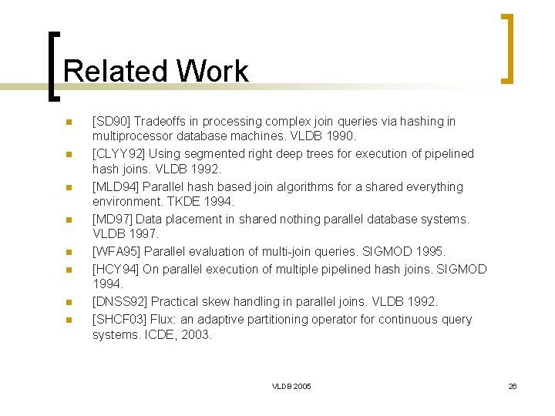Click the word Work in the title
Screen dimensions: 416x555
212,71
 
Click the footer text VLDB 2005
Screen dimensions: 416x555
291,386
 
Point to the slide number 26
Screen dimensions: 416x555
513,386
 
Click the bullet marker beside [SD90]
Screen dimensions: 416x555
69,122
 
